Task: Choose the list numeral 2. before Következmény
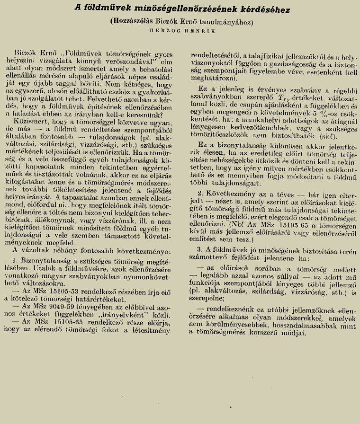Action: (x=200, y=193)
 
